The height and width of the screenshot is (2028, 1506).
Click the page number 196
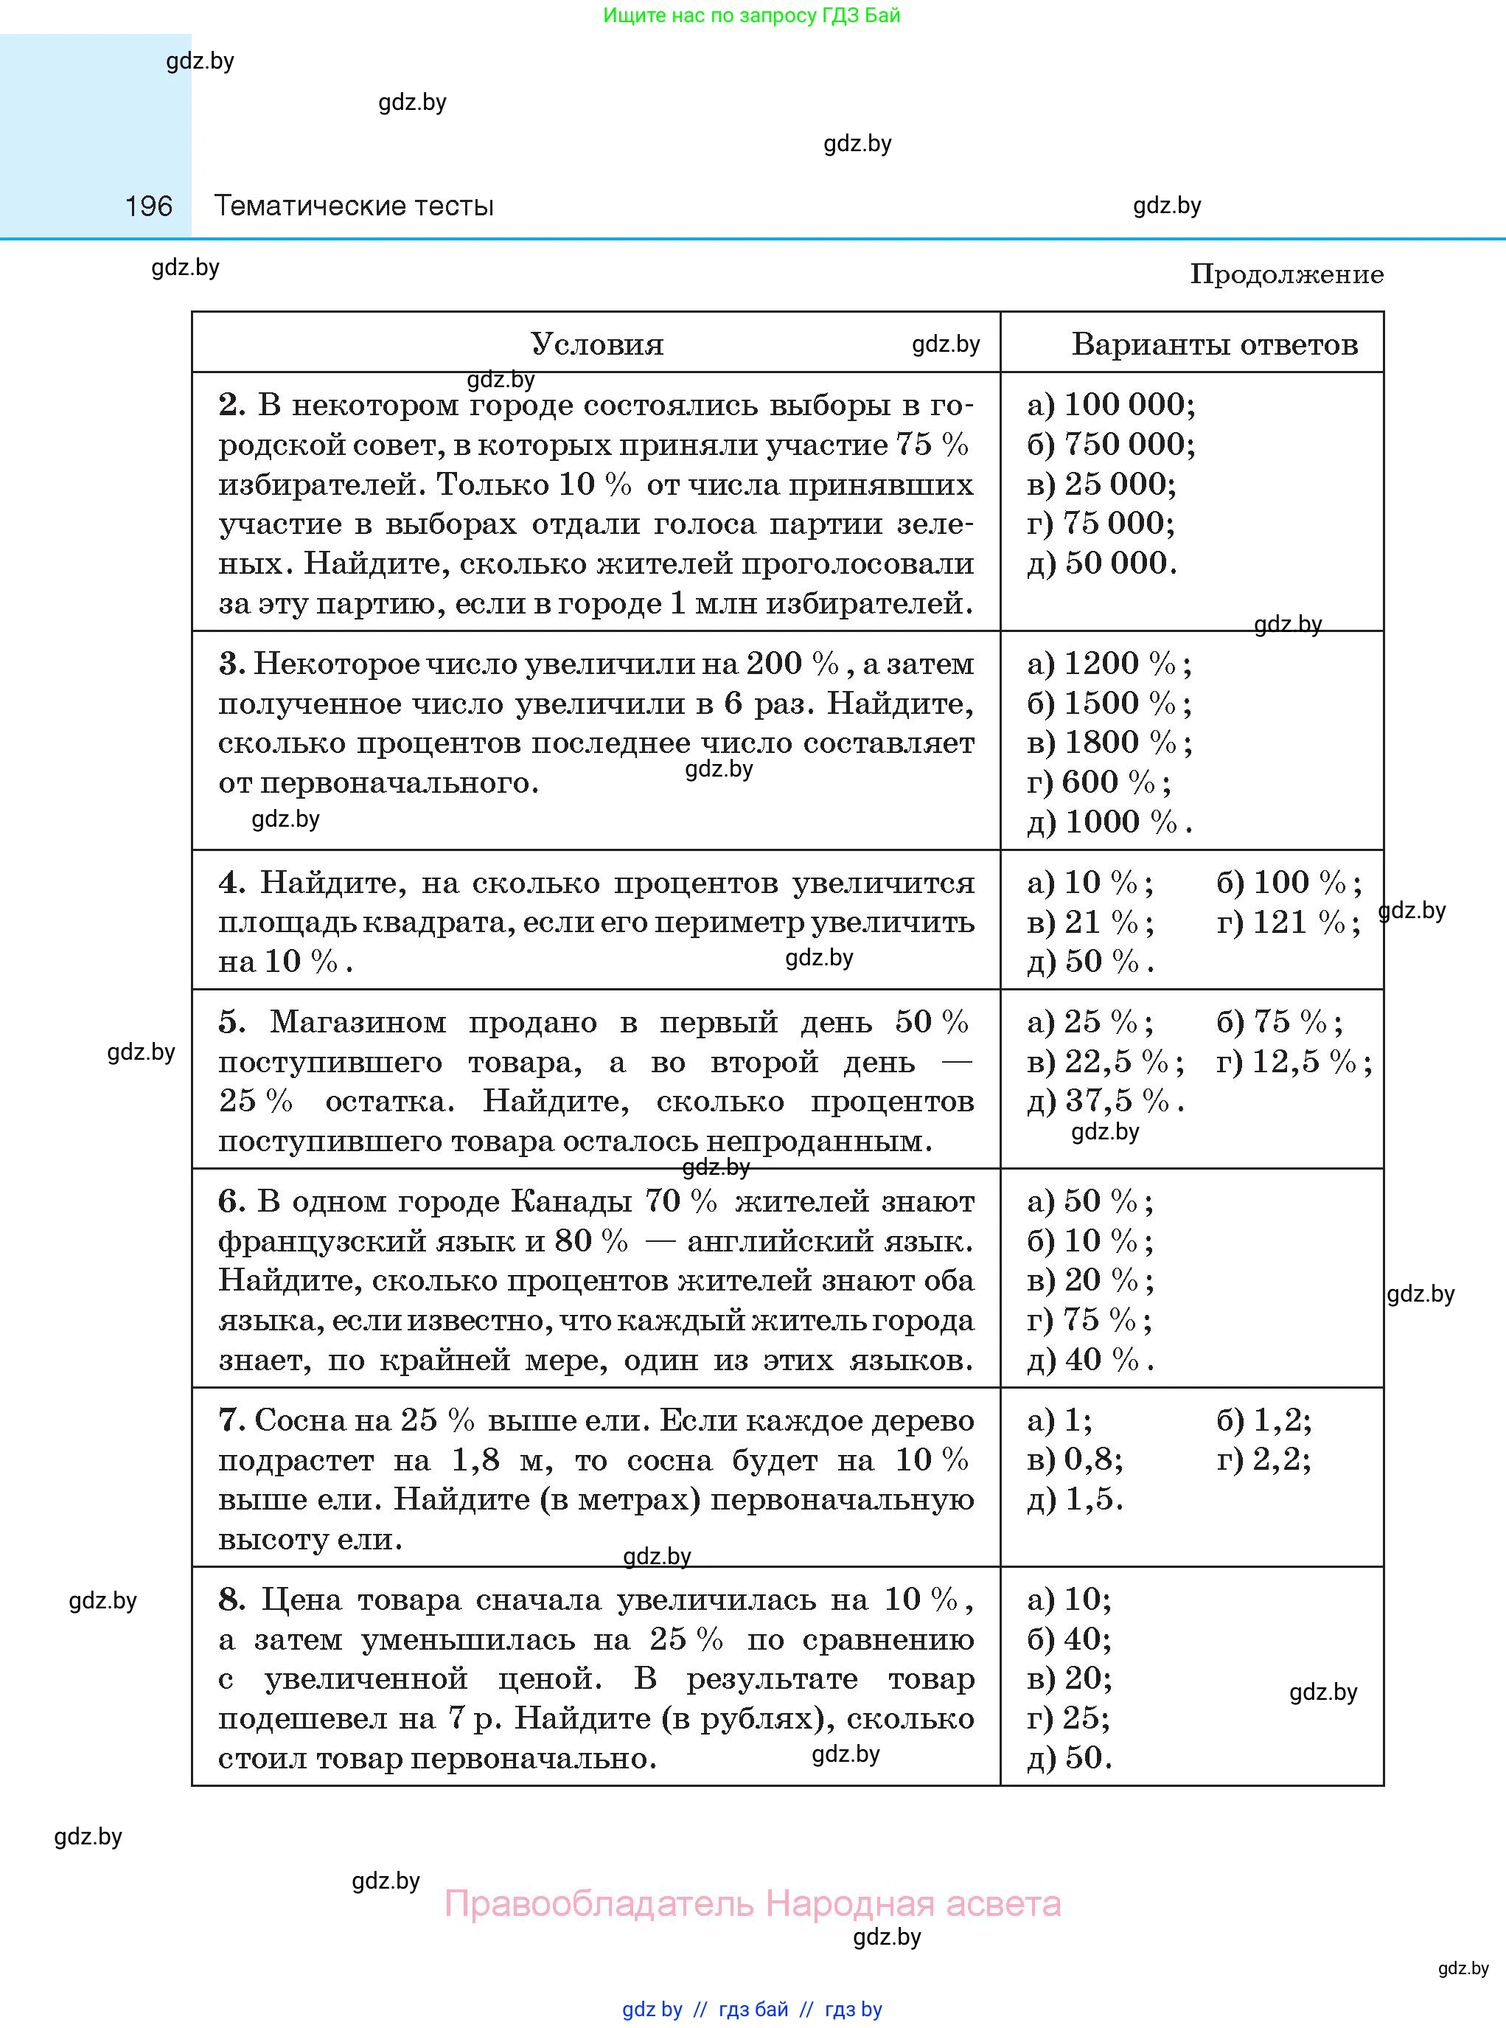[149, 206]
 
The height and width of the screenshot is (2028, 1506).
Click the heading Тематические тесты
[354, 206]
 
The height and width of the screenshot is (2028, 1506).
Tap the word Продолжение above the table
[1286, 274]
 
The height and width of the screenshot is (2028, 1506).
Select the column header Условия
[597, 344]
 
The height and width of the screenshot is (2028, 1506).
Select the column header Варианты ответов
[1214, 344]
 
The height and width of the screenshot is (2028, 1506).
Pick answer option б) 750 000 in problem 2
[1110, 444]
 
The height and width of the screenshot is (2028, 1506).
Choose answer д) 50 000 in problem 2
[1101, 563]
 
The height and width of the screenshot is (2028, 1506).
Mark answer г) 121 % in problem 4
[1288, 922]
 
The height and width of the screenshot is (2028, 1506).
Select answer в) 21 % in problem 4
[1090, 922]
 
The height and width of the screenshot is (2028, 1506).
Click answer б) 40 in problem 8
[1068, 1639]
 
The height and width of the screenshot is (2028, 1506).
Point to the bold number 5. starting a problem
[231, 1022]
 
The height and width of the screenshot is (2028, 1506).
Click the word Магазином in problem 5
[358, 1022]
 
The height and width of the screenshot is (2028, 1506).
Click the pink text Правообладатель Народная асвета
[752, 1903]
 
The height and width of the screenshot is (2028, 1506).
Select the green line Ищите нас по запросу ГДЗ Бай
[751, 15]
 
